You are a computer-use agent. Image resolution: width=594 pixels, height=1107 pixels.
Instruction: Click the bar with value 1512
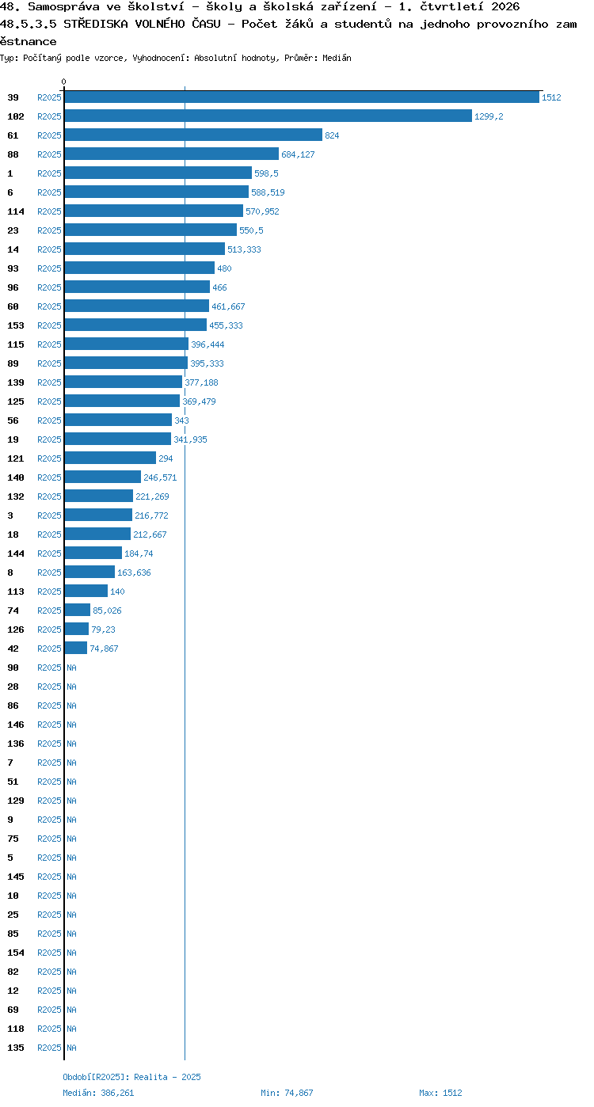click(302, 97)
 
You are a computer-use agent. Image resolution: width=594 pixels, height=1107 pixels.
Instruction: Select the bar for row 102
click(268, 116)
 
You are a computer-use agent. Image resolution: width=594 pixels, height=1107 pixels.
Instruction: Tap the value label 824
click(332, 135)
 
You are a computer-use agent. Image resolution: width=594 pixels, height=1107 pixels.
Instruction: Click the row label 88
click(13, 154)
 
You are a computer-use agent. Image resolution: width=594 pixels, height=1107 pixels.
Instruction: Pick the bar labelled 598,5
click(158, 173)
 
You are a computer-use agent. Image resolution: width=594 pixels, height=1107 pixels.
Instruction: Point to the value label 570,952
click(262, 211)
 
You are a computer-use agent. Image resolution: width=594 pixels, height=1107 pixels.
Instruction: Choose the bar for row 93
click(139, 268)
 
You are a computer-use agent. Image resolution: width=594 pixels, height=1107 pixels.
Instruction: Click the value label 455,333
click(226, 325)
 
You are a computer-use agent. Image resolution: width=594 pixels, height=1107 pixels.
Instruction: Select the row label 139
click(16, 382)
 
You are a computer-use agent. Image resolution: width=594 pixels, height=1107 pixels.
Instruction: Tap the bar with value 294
click(110, 458)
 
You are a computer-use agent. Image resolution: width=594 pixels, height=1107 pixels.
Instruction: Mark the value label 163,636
click(134, 573)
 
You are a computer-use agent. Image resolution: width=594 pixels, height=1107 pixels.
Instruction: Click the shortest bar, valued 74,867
click(75, 649)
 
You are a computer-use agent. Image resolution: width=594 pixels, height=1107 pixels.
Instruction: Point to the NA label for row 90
click(71, 668)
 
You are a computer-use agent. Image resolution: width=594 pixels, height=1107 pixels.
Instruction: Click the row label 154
click(16, 953)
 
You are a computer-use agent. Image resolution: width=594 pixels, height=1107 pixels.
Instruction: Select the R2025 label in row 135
click(49, 1048)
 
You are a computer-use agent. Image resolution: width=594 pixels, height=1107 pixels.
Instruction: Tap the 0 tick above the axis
click(63, 82)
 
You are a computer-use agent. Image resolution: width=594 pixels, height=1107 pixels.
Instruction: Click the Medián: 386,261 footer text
click(98, 1093)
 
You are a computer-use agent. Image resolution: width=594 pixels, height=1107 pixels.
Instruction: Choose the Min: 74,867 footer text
click(287, 1093)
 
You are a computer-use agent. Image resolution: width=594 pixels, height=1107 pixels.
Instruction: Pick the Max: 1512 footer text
click(441, 1093)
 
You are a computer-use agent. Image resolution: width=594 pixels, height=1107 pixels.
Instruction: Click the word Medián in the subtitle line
click(337, 58)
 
